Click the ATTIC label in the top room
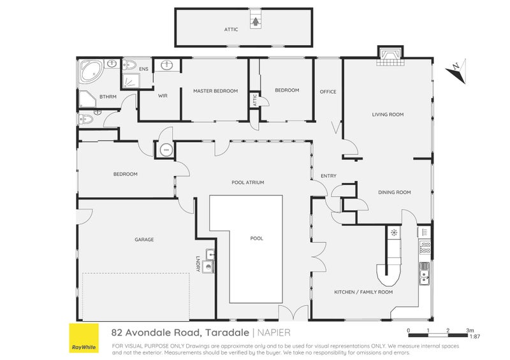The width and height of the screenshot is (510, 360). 231,29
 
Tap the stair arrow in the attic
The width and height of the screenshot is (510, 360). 256,22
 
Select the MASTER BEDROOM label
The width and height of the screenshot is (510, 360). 215,91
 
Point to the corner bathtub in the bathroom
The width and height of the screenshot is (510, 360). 91,72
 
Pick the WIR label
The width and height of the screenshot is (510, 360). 163,96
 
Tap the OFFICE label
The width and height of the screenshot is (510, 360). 328,92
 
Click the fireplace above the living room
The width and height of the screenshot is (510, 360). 390,57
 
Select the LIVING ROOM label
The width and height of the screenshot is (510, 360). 388,115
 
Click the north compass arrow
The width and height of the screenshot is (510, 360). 456,71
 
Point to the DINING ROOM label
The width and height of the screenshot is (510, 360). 394,192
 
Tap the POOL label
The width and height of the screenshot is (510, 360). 257,238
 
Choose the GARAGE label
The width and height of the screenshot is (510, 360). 144,240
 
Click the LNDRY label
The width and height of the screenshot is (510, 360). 198,264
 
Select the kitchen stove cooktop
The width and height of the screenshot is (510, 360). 425,247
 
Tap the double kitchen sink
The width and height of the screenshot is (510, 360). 424,274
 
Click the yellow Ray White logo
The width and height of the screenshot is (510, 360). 84,338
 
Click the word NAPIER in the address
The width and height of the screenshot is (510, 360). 274,333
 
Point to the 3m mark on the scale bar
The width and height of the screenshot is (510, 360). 470,331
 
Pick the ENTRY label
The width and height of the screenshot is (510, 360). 328,176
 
